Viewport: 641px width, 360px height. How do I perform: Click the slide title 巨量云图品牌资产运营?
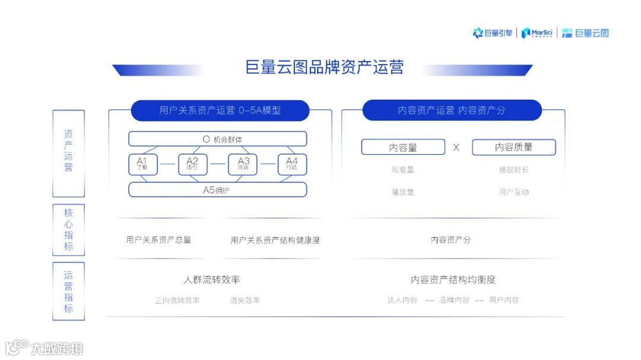324,67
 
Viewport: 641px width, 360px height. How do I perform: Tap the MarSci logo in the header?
537,33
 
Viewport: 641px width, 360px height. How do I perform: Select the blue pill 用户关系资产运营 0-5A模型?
220,110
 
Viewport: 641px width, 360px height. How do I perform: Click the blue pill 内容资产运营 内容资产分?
452,110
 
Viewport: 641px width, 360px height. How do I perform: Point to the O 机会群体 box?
218,139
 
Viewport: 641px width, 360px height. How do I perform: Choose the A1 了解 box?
143,164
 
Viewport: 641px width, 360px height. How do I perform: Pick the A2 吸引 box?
192,164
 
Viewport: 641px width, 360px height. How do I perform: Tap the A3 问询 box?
243,164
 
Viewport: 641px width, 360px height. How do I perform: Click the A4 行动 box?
292,164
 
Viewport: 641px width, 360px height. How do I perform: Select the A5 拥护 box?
218,190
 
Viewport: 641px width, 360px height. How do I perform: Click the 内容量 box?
403,148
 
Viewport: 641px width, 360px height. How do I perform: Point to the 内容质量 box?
514,148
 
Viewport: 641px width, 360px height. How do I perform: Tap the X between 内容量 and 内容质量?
456,148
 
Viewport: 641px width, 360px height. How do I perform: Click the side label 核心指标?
69,230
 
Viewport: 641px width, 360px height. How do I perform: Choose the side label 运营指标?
69,291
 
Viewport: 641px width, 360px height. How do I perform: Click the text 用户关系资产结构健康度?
275,240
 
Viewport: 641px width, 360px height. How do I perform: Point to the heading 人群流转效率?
212,280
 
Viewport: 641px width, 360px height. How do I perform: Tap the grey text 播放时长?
514,170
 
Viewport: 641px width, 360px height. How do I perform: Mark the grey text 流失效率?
245,301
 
